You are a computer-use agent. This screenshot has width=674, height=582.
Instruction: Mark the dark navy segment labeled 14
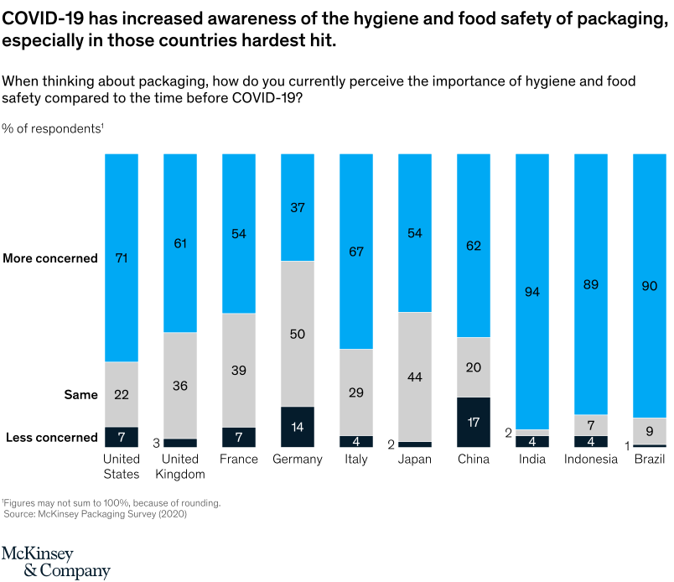point(297,427)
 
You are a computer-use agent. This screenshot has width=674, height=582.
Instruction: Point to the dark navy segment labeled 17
point(473,422)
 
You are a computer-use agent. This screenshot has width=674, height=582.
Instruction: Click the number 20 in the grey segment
point(473,367)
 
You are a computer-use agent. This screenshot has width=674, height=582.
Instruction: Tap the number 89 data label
point(590,285)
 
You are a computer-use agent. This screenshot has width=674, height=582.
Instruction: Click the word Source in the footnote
point(18,513)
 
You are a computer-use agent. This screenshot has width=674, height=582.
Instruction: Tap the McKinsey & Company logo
point(54,562)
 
